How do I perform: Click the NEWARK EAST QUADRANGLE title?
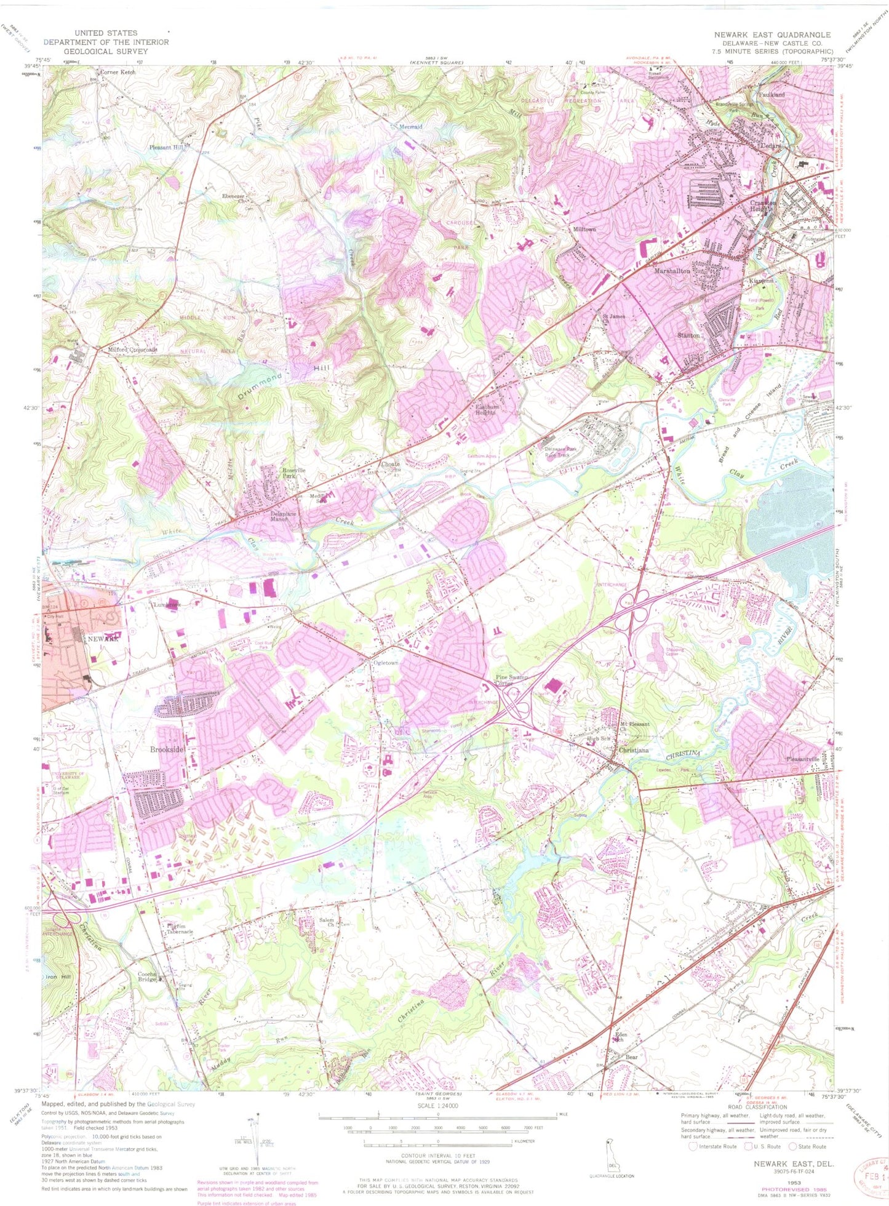772,34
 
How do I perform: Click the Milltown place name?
584,229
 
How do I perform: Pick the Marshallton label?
672,271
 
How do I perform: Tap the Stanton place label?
688,335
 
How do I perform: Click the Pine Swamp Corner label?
512,680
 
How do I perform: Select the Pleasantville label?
802,759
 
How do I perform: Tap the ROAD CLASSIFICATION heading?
757,1107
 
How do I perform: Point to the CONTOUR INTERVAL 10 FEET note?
437,1156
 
